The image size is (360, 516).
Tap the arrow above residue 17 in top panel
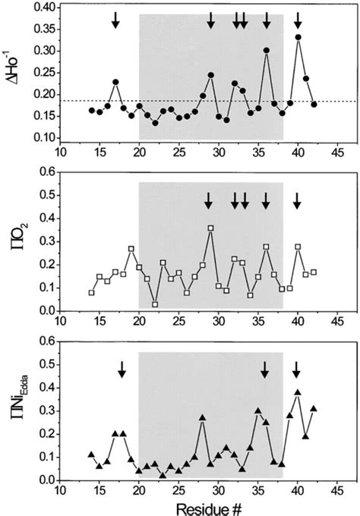click(x=115, y=20)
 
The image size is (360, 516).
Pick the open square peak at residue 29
click(x=210, y=228)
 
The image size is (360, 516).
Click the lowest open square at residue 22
click(x=155, y=304)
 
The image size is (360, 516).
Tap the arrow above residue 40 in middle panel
click(x=298, y=200)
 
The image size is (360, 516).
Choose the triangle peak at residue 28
click(x=203, y=417)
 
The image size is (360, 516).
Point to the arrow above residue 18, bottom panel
click(x=122, y=370)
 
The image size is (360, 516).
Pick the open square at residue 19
click(x=131, y=249)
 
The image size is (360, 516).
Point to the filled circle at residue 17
click(x=115, y=82)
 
